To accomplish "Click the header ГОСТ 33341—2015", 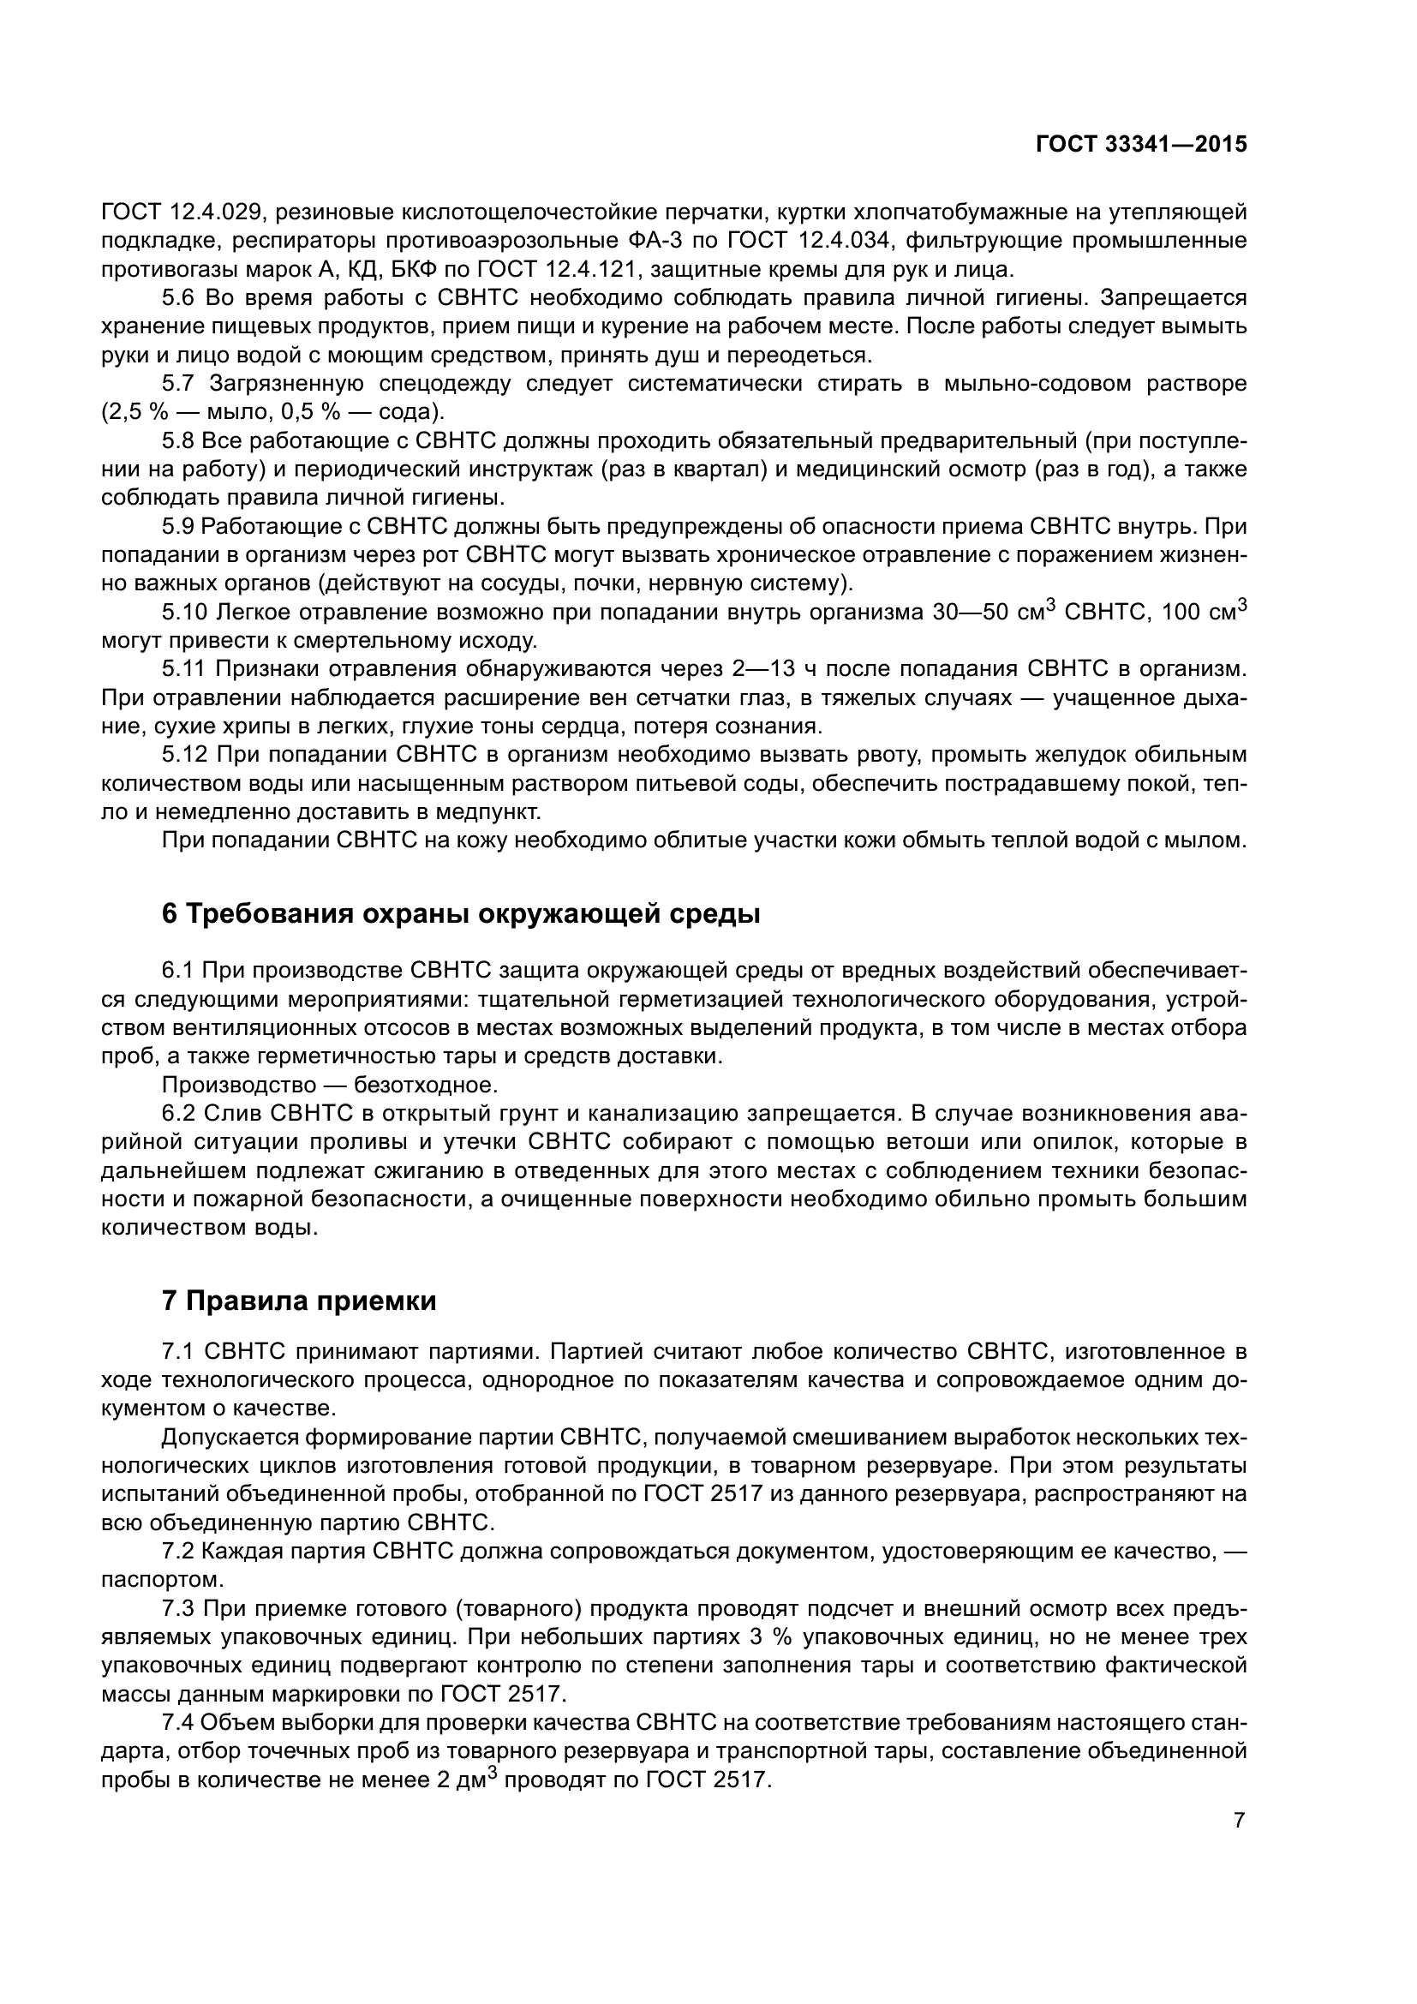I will pos(1140,145).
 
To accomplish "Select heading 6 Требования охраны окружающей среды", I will pos(461,914).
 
